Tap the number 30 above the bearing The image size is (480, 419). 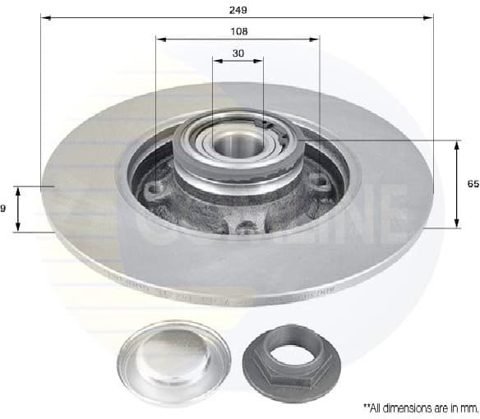tap(238, 53)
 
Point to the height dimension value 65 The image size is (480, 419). tap(472, 185)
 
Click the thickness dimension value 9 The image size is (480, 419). tap(3, 209)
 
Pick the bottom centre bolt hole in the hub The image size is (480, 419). tap(244, 225)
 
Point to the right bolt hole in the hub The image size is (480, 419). tap(323, 185)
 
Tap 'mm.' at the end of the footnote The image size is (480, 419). tap(469, 407)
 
